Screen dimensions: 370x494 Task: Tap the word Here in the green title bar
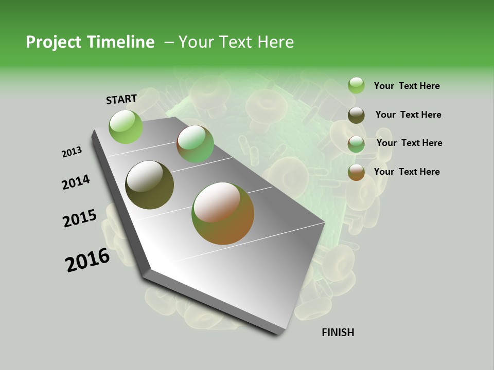tap(275, 42)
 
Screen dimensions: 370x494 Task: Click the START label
tap(121, 99)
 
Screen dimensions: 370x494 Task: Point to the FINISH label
tap(338, 332)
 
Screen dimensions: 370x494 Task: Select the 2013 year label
tap(72, 152)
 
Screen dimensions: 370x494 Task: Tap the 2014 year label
tap(76, 182)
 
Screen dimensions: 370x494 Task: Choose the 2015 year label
tap(80, 218)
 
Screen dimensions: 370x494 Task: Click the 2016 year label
tap(87, 260)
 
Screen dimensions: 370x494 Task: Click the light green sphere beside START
tap(126, 126)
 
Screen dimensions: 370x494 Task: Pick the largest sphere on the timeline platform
tap(223, 213)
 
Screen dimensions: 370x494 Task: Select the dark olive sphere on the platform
tap(150, 185)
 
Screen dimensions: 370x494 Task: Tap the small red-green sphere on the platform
tap(195, 144)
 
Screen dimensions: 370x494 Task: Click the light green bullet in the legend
tap(356, 86)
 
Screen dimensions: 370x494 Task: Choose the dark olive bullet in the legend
tap(356, 115)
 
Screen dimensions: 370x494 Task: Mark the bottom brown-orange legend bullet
tap(356, 172)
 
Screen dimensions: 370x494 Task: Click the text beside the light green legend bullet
tap(407, 86)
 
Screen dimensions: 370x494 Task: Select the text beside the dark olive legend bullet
tap(408, 115)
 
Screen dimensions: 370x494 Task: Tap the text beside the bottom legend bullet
tap(407, 172)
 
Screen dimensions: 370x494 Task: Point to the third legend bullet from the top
tap(356, 144)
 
